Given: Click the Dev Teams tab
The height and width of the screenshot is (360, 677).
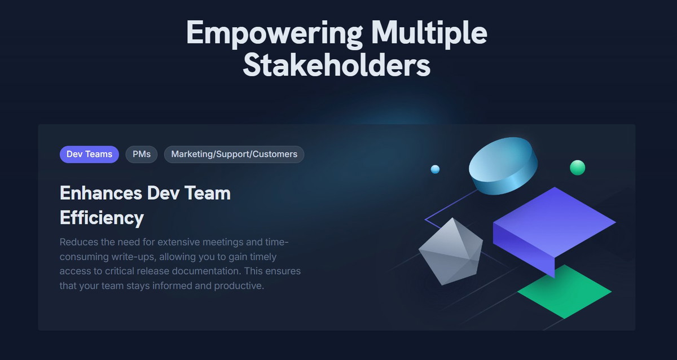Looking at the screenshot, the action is (x=89, y=155).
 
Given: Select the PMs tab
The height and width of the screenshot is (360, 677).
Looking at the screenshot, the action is (x=142, y=155).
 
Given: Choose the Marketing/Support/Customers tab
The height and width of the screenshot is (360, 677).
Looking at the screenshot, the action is (x=234, y=155).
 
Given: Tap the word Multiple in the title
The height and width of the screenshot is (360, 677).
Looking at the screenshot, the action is (x=429, y=33).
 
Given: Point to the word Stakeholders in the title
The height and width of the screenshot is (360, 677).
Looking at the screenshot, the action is (x=336, y=65).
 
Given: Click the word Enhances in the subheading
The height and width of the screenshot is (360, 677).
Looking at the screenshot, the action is (x=100, y=193).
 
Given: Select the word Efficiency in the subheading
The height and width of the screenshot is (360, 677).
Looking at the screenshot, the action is (x=102, y=218).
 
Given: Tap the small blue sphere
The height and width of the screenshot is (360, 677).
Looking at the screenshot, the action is (x=435, y=169).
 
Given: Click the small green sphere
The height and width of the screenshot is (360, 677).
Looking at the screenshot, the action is (x=577, y=168).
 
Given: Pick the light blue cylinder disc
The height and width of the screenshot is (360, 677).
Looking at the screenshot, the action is (x=503, y=166).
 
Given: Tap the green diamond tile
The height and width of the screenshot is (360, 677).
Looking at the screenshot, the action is (x=564, y=292).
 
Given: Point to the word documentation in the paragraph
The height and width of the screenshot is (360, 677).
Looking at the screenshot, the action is (x=206, y=271).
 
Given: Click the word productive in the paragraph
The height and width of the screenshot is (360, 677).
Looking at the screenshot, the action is (x=239, y=286).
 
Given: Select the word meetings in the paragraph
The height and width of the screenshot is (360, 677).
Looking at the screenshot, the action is (x=223, y=243).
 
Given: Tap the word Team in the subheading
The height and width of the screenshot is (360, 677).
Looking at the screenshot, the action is (x=208, y=193).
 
